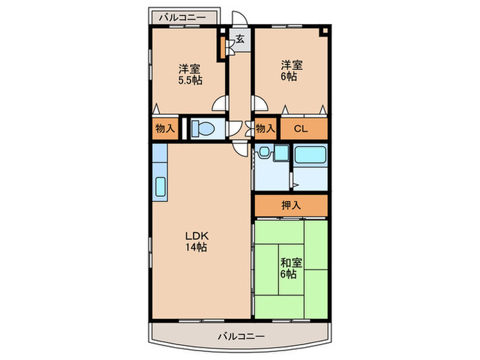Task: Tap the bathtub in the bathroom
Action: pyautogui.click(x=310, y=155)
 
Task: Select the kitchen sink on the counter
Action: pyautogui.click(x=160, y=187)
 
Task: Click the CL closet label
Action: pyautogui.click(x=300, y=129)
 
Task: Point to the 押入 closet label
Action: pyautogui.click(x=291, y=206)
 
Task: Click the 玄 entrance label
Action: pyautogui.click(x=240, y=39)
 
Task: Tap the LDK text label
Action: pyautogui.click(x=197, y=236)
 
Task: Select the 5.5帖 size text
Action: pyautogui.click(x=190, y=80)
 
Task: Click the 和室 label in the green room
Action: pyautogui.click(x=291, y=263)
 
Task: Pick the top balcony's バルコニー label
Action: pyautogui.click(x=182, y=17)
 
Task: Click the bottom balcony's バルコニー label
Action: pyautogui.click(x=241, y=337)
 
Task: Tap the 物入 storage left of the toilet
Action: pyautogui.click(x=165, y=129)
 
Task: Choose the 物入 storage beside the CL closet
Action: pyautogui.click(x=265, y=128)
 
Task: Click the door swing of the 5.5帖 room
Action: pyautogui.click(x=219, y=104)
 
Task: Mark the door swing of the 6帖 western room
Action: pyautogui.click(x=261, y=104)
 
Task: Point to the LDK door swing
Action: pyautogui.click(x=240, y=149)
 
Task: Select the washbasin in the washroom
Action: pyautogui.click(x=263, y=152)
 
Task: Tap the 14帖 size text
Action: pyautogui.click(x=196, y=247)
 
